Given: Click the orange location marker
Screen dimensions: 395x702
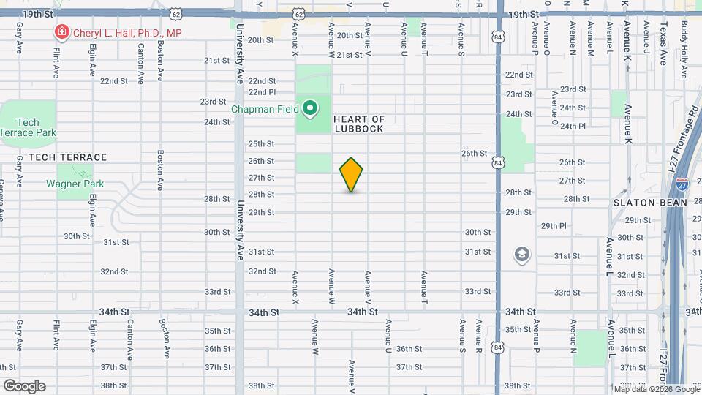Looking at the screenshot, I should point(352,175).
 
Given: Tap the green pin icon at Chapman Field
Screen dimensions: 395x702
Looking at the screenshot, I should point(310,109).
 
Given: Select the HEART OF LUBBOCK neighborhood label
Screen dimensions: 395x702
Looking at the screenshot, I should point(359,124).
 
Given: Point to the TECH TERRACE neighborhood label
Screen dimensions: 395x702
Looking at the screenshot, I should point(58,157).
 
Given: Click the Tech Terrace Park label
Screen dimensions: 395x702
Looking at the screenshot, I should point(29,128).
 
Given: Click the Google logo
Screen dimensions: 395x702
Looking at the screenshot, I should point(24,385).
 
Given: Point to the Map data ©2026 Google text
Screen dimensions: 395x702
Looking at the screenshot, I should point(656,388).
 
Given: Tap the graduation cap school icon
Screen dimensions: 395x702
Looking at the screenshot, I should point(522,255).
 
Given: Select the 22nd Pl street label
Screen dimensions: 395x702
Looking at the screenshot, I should point(262,92).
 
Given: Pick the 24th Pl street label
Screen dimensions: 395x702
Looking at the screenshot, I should point(572,126).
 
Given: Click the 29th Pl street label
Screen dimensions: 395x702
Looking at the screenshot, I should point(554,226).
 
